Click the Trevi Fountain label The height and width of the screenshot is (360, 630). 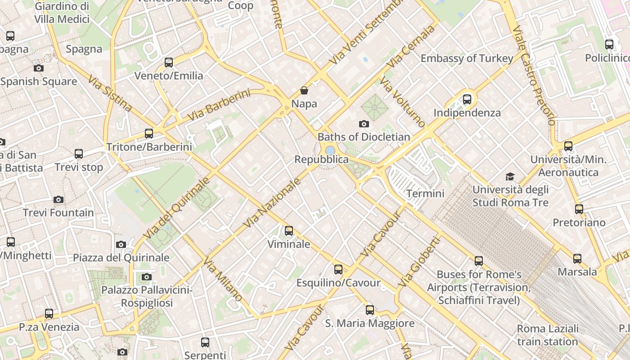tap(58, 212)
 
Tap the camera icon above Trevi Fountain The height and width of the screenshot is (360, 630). tap(58, 199)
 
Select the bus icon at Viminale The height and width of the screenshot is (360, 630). tap(289, 231)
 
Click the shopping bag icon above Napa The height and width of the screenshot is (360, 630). tap(304, 91)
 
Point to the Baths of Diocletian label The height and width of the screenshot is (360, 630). tap(364, 137)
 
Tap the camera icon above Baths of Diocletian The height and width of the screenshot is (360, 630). tap(364, 124)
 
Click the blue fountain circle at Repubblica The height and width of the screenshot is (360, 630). tap(330, 150)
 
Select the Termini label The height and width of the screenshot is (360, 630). tap(425, 193)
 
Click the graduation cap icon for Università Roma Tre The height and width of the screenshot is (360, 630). tap(510, 176)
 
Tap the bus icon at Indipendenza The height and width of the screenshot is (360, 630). tap(467, 99)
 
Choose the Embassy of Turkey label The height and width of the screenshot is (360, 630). tap(467, 58)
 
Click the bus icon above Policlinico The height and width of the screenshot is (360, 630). tap(609, 45)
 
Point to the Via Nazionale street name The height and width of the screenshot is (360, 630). tap(272, 202)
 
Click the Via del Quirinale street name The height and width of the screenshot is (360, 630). tap(176, 208)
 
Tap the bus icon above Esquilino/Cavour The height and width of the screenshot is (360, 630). tap(338, 270)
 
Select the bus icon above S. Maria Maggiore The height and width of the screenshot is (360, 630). tap(369, 310)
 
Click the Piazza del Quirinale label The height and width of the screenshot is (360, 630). tap(121, 257)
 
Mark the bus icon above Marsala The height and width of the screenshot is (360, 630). tap(577, 259)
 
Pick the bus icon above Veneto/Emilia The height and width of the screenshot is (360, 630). tap(169, 63)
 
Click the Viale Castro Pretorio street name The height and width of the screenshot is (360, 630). tap(534, 75)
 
